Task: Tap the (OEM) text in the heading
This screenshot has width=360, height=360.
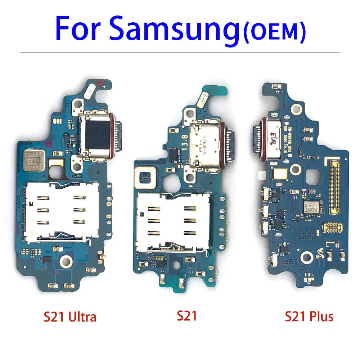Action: (x=274, y=32)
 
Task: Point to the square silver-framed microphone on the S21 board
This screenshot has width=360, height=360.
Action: (x=145, y=177)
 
